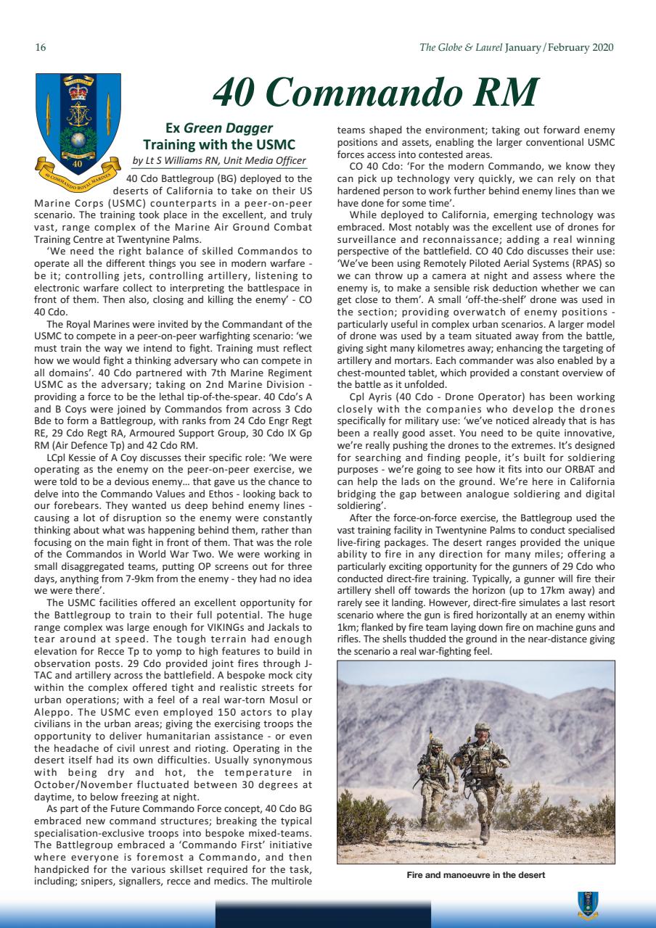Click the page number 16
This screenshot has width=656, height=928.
pos(41,48)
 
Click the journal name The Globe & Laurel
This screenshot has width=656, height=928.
pos(460,48)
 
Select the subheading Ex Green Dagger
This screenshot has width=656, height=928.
pos(219,128)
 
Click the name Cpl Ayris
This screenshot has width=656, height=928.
pos(369,397)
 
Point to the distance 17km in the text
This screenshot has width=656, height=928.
pos(562,590)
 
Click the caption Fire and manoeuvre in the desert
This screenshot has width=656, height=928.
pos(475,875)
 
